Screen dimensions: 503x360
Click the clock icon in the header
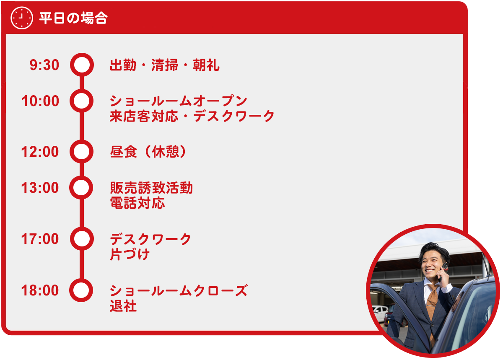coord(22,18)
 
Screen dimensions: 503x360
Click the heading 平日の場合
coord(73,18)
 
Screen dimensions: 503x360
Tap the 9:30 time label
coord(44,65)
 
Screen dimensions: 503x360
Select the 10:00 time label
coord(40,101)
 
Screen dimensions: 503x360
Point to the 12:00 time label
coord(40,152)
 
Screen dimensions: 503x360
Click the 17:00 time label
coord(40,238)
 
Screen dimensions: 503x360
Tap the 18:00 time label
coord(40,290)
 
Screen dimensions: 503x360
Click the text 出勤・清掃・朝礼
coord(165,65)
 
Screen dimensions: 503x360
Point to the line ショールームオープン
coord(179,101)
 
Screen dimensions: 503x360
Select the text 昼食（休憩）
coord(148,152)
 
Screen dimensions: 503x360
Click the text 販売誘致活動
coord(151,188)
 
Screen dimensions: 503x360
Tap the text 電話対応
coord(137,203)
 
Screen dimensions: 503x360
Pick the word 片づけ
coord(130,254)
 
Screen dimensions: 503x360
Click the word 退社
coord(123,306)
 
